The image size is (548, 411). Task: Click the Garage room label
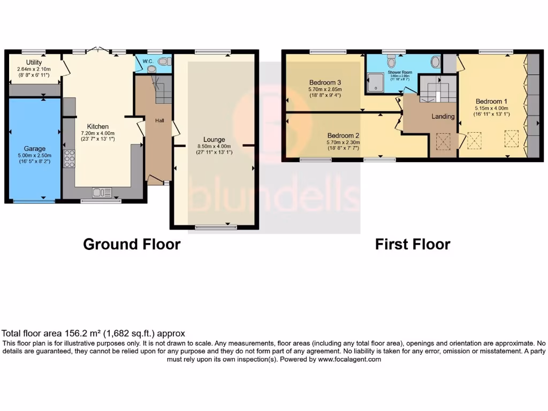pyautogui.click(x=34, y=148)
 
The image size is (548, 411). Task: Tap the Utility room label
pyautogui.click(x=34, y=63)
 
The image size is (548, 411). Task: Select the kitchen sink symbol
pyautogui.click(x=101, y=192)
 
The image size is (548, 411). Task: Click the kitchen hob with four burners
pyautogui.click(x=69, y=159)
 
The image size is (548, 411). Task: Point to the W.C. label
pyautogui.click(x=148, y=62)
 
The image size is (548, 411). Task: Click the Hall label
pyautogui.click(x=159, y=121)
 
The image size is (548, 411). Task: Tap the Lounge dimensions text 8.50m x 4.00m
pyautogui.click(x=214, y=147)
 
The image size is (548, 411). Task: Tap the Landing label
pyautogui.click(x=443, y=116)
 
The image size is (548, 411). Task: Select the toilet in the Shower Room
pyautogui.click(x=435, y=63)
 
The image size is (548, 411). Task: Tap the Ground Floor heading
pyautogui.click(x=132, y=245)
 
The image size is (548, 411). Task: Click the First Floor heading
pyautogui.click(x=412, y=245)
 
